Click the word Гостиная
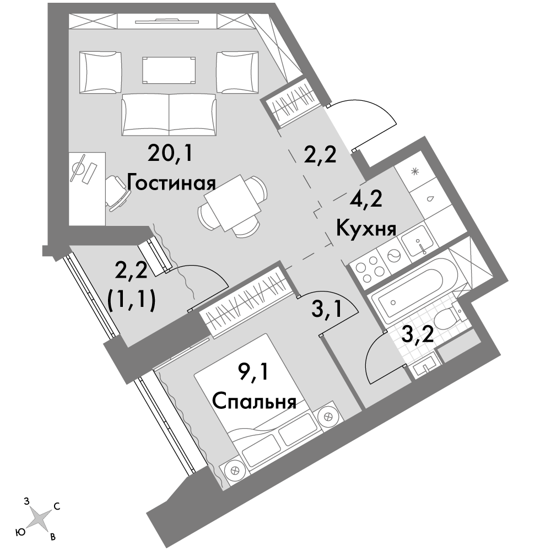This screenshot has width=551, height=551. pos(171,183)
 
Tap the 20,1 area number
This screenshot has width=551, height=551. pos(170,154)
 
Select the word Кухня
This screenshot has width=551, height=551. pos(366,229)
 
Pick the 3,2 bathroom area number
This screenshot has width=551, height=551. pos(417,336)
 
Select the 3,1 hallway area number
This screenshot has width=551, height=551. pos(326,310)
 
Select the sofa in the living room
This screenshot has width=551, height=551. pos(169,115)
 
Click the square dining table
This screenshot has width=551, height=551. pos(233,203)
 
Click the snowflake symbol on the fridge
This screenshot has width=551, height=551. pos(415,171)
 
